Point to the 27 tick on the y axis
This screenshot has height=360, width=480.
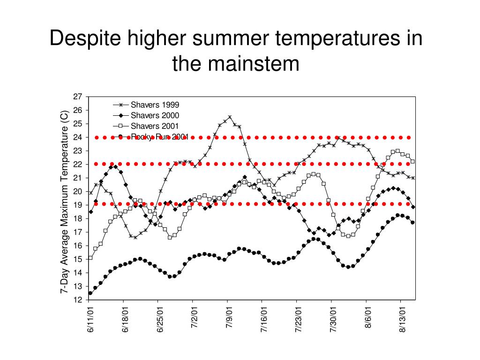pyautogui.click(x=77, y=97)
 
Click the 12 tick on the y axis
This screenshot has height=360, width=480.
pyautogui.click(x=77, y=300)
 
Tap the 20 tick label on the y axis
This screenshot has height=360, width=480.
pyautogui.click(x=77, y=192)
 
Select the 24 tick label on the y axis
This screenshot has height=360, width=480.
pyautogui.click(x=77, y=137)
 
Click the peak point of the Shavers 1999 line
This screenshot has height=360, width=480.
pyautogui.click(x=230, y=117)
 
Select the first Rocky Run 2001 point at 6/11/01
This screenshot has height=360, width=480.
pyautogui.click(x=90, y=293)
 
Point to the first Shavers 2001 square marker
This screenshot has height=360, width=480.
pyautogui.click(x=90, y=257)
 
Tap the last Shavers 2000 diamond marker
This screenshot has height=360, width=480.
pyautogui.click(x=413, y=207)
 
